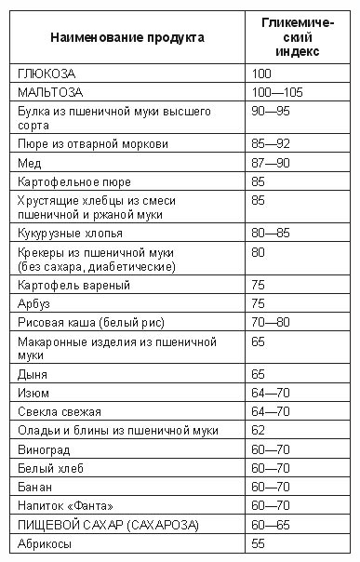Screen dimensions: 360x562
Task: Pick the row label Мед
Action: pyautogui.click(x=30, y=163)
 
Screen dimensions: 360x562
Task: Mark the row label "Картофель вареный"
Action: pyautogui.click(x=73, y=285)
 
